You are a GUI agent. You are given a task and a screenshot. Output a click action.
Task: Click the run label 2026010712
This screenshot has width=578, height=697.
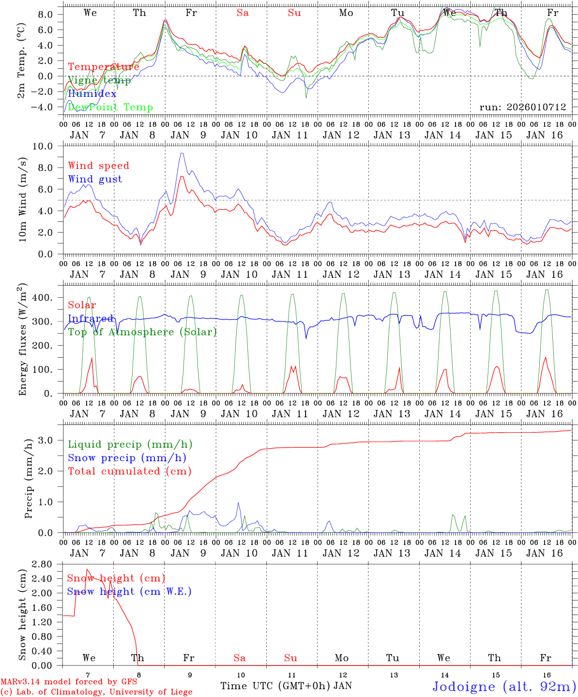pos(522,107)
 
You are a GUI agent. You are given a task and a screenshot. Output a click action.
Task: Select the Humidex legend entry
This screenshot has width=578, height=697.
pos(92,93)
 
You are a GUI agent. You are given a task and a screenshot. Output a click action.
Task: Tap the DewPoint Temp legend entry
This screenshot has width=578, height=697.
pos(110,107)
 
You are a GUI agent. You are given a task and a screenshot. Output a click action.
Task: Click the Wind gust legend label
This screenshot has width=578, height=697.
pos(95,179)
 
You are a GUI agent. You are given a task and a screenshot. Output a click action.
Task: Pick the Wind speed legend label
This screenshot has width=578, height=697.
pos(98,166)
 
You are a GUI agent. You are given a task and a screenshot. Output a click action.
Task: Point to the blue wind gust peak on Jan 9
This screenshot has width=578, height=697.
pos(182,153)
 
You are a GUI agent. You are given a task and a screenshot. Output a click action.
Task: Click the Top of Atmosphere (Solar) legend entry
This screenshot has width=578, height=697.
pos(142,332)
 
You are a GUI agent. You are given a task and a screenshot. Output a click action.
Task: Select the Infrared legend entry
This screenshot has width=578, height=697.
pos(91,318)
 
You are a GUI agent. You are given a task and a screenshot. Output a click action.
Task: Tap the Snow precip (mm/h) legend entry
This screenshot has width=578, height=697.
pos(127,458)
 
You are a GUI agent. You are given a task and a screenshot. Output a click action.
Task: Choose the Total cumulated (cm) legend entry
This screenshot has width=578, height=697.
pos(129,471)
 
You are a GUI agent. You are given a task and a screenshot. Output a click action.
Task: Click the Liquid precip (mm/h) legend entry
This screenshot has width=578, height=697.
pos(130,444)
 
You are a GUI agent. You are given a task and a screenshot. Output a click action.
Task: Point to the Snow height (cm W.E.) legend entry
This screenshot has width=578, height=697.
pos(129,591)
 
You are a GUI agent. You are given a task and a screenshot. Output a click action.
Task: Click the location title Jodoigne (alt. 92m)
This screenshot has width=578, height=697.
pos(503,686)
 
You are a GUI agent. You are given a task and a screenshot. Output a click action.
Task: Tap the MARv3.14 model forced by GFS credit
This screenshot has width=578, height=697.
pos(68,682)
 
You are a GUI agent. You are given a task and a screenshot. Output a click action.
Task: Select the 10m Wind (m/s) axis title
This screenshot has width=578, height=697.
pos(22,200)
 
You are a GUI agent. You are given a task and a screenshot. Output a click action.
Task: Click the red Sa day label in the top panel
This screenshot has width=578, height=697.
pos(243,13)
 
